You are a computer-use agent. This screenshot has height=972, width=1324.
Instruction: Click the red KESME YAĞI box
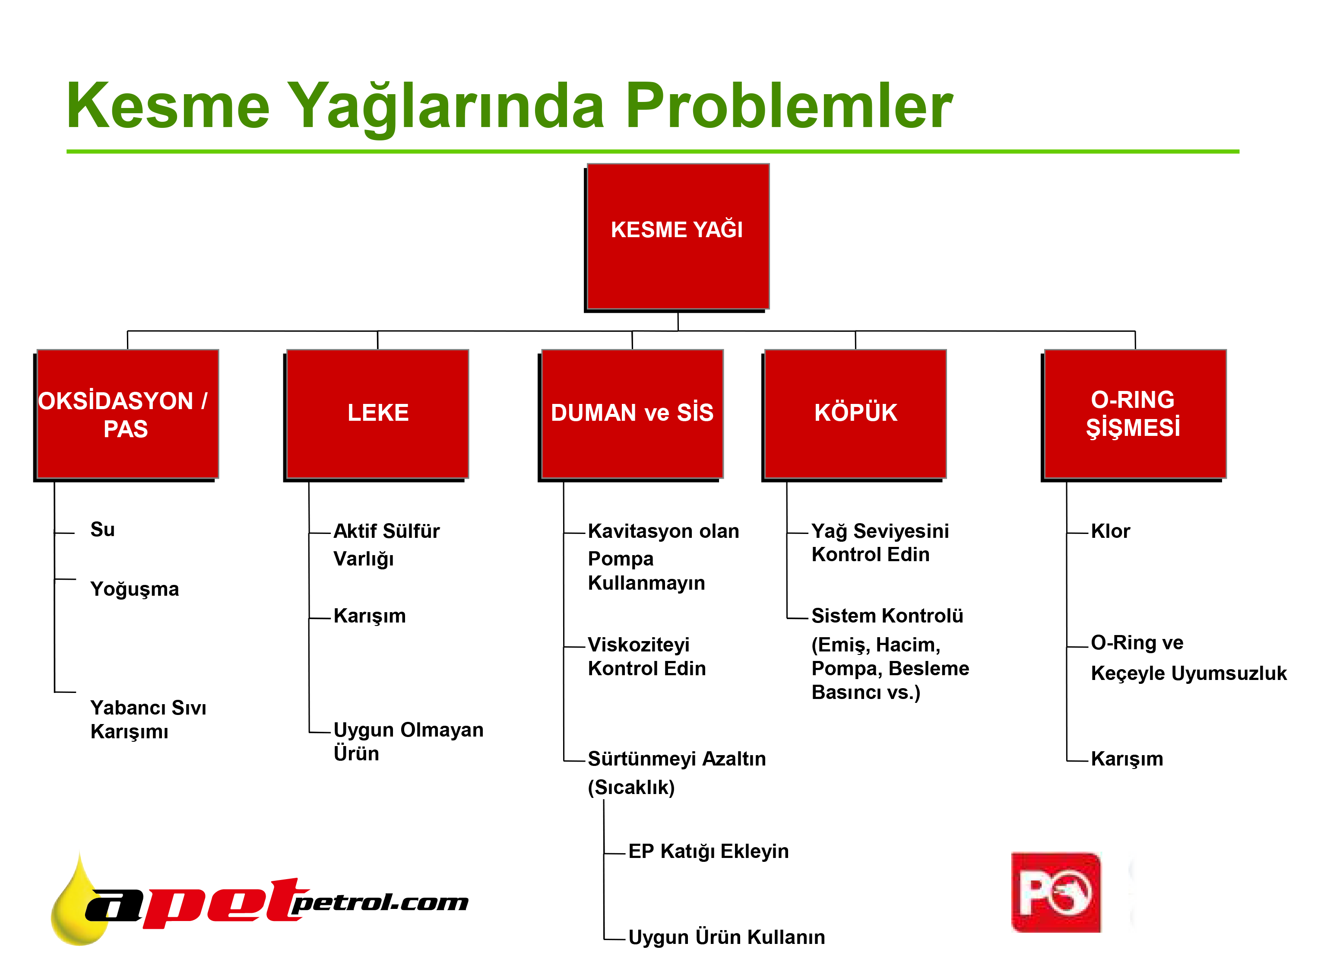tap(678, 237)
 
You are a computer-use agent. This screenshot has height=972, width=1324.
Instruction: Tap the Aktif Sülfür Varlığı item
tap(386, 545)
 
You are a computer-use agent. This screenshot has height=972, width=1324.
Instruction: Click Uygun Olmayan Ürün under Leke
tap(408, 741)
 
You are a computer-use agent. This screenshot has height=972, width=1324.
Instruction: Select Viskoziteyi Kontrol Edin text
tap(646, 657)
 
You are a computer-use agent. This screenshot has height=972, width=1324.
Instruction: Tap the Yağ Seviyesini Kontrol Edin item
tap(880, 543)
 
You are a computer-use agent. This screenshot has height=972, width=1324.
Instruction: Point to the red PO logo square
tap(1056, 893)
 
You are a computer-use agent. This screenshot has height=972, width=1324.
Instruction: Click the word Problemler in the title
tap(789, 106)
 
